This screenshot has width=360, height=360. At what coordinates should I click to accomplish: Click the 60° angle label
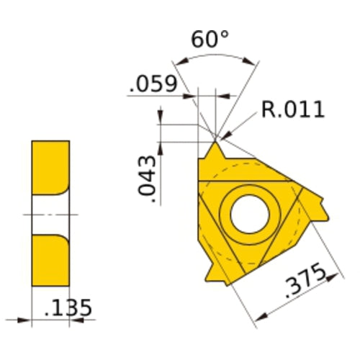(x=210, y=40)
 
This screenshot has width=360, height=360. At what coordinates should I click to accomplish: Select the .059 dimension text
(x=153, y=84)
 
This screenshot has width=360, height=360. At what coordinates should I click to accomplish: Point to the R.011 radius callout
(x=293, y=109)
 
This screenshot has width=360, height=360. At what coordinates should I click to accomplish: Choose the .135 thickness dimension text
(x=68, y=308)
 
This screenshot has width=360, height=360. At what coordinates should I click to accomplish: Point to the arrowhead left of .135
(x=26, y=318)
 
